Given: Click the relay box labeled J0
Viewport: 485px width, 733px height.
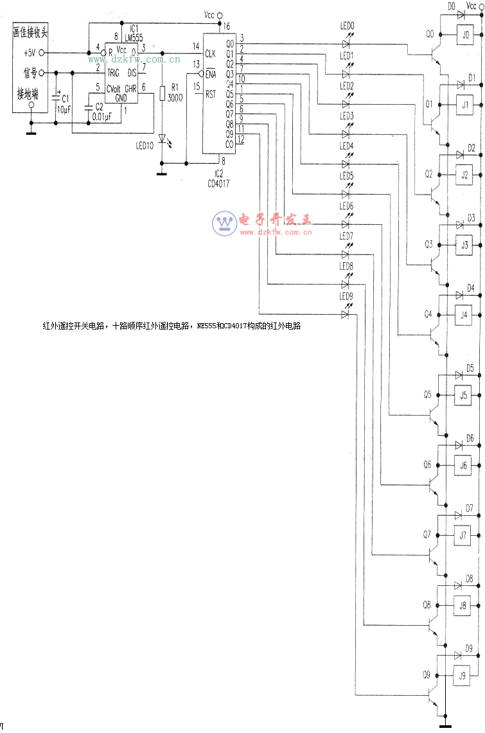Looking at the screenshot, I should coord(465,35).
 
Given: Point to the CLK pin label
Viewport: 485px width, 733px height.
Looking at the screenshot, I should coord(210,53).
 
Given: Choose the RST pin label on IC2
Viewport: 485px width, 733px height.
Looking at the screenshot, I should coord(210,94).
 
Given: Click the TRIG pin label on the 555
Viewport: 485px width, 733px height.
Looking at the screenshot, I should coord(114,73).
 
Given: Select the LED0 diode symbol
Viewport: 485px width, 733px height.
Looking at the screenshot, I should coord(346,44).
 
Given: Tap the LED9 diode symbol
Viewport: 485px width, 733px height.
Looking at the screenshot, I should coord(346,314).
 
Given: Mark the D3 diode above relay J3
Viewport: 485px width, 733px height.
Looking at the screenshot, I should coord(461,225).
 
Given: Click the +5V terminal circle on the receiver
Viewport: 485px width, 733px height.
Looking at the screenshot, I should coord(42,53).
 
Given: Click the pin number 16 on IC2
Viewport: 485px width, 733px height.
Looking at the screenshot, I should coord(226,27).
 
